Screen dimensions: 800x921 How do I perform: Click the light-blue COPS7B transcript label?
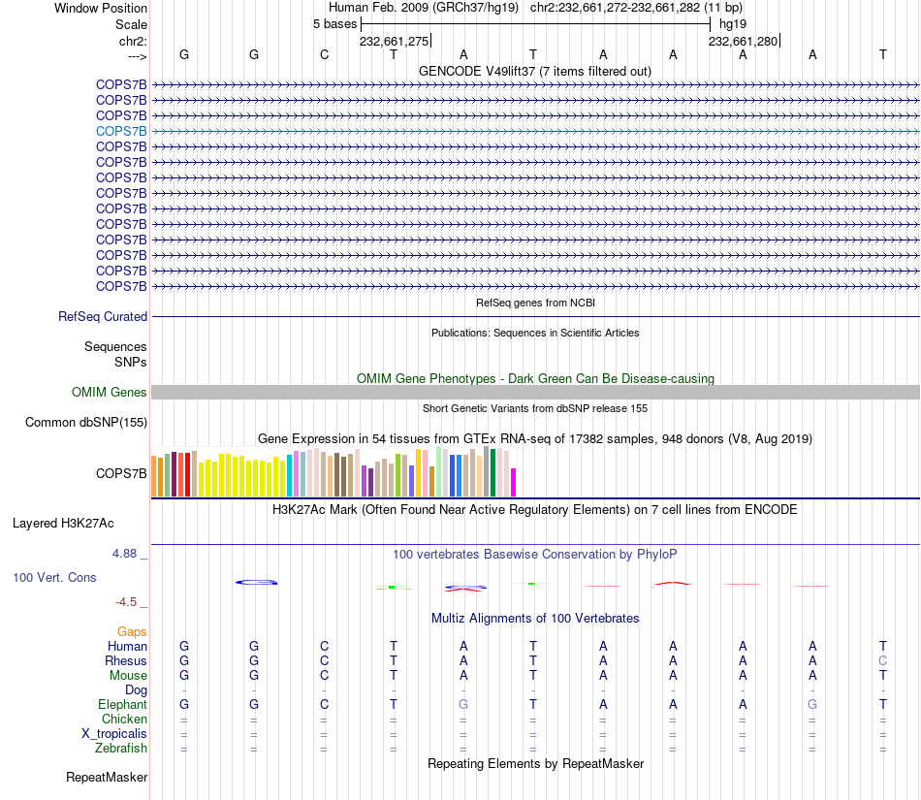coord(121,131)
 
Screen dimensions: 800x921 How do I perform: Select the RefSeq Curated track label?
coord(103,316)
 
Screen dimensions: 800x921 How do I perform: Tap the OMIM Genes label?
coord(110,393)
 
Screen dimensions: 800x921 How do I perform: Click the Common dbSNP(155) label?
coord(86,422)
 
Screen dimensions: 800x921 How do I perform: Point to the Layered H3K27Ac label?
coord(63,524)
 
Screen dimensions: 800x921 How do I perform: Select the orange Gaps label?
coord(132,632)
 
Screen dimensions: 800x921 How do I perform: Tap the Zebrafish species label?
coord(121,749)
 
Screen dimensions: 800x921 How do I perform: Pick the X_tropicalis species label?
coord(114,734)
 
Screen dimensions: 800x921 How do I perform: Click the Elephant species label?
coord(122,705)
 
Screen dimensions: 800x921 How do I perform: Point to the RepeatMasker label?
coord(107,778)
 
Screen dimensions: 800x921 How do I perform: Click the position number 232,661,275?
coord(394,42)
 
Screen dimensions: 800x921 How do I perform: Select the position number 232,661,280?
coord(743,42)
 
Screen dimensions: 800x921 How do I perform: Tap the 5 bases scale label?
coord(334,24)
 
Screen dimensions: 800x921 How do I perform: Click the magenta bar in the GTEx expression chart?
coord(514,482)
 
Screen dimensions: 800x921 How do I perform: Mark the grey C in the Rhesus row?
coord(883,661)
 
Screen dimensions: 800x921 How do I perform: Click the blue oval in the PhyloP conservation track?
coord(257,582)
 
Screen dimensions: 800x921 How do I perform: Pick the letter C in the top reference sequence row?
coord(324,54)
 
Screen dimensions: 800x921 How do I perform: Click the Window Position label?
coord(101,8)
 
